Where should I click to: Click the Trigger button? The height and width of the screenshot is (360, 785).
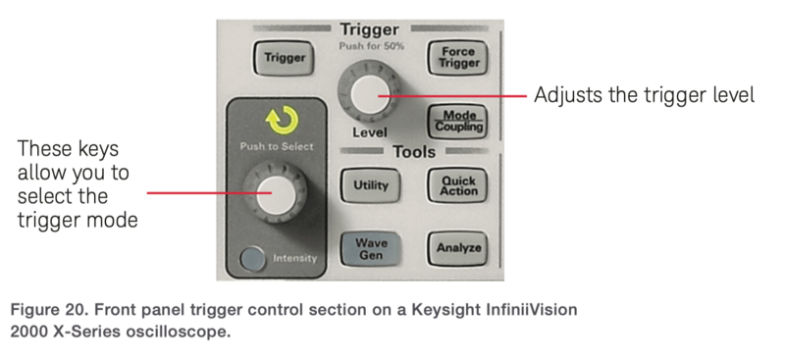284,58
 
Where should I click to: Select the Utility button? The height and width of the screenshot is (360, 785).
369,184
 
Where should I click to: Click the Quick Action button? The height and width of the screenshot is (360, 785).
457,184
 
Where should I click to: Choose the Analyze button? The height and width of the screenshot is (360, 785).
457,248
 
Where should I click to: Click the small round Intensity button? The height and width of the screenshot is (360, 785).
254,260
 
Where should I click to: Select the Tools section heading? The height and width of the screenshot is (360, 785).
413,152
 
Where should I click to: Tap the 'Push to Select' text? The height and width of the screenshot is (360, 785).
276,146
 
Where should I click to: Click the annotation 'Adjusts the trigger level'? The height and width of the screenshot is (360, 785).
643,96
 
